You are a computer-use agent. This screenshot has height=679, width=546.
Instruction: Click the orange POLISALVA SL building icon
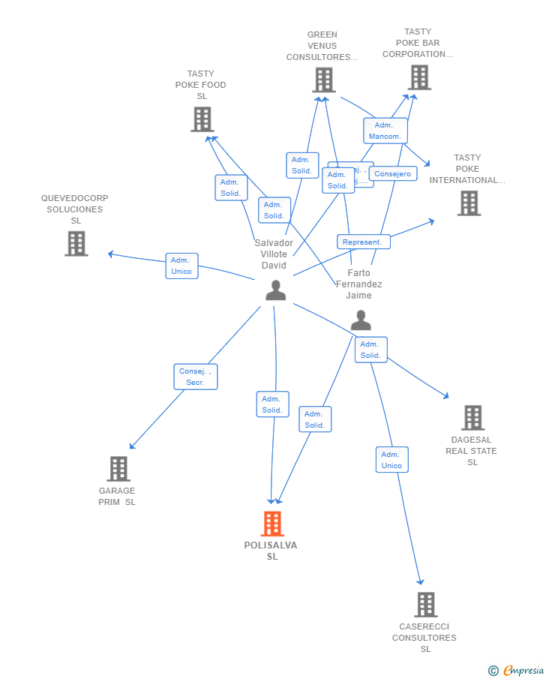[272, 524]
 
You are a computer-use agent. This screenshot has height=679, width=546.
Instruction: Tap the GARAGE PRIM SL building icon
[118, 469]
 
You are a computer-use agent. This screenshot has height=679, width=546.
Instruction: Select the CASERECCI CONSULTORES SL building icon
[425, 605]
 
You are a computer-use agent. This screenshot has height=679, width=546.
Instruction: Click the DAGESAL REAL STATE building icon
[472, 418]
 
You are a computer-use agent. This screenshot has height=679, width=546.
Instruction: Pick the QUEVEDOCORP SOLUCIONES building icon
[76, 244]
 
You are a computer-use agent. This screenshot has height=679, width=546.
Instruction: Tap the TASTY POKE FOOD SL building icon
[202, 119]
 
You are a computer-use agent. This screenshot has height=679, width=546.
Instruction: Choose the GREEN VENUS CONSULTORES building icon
[323, 80]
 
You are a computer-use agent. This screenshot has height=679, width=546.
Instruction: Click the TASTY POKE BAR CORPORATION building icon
[419, 77]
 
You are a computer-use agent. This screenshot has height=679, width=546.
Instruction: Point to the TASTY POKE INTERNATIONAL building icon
[469, 203]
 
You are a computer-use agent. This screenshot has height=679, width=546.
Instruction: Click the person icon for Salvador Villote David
[276, 290]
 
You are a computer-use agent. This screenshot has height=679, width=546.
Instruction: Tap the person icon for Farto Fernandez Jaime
[361, 320]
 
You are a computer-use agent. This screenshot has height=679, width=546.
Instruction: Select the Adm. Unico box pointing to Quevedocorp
[181, 266]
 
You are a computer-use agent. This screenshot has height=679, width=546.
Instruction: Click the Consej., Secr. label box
[196, 377]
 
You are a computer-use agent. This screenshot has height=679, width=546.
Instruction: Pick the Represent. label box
[363, 242]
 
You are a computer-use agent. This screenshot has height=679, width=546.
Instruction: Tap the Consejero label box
[393, 174]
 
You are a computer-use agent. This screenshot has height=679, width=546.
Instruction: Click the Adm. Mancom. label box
[385, 131]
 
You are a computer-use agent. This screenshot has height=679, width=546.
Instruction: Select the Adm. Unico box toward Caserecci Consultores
[391, 460]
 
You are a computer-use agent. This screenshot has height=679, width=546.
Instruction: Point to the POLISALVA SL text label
[271, 551]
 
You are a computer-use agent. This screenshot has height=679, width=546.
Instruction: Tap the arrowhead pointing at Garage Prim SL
[132, 446]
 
